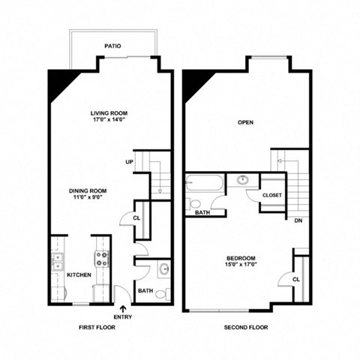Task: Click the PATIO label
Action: click(112, 46)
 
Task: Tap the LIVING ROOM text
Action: click(109, 112)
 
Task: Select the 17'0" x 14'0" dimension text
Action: click(109, 120)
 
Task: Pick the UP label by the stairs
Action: click(130, 162)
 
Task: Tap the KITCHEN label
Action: click(79, 274)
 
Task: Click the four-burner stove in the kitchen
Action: click(100, 260)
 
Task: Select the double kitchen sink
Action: click(58, 261)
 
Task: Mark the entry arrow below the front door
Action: click(124, 307)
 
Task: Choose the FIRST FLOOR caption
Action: click(97, 328)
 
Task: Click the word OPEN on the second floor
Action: click(245, 122)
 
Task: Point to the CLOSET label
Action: click(271, 196)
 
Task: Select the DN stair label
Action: click(298, 221)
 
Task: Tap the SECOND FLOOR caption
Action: click(245, 328)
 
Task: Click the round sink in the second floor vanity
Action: click(244, 181)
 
